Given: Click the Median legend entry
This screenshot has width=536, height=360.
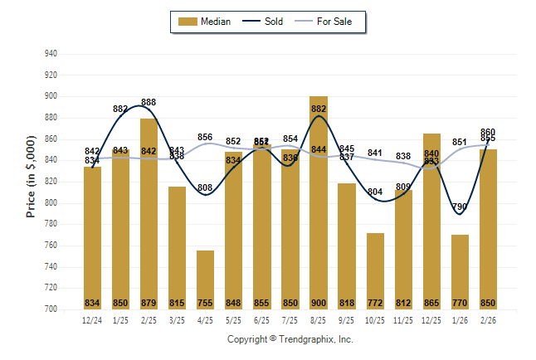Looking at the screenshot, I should pyautogui.click(x=207, y=22).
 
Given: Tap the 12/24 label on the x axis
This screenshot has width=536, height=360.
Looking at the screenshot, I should pyautogui.click(x=93, y=319).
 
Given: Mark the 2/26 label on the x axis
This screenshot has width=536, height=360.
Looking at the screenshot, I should pyautogui.click(x=488, y=319).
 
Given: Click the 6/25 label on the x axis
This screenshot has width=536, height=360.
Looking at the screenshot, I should pyautogui.click(x=262, y=319).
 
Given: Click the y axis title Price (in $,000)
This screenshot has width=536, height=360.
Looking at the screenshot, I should pyautogui.click(x=31, y=182).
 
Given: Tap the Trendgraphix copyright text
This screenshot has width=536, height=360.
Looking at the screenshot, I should pyautogui.click(x=290, y=339).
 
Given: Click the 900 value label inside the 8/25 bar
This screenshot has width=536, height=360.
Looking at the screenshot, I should pyautogui.click(x=319, y=303).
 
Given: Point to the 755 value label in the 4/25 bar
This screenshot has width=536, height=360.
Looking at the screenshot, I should pyautogui.click(x=206, y=303).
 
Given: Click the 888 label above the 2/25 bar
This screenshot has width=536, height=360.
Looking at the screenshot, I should pyautogui.click(x=149, y=102).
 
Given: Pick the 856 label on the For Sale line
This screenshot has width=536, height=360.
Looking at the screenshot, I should pyautogui.click(x=206, y=137).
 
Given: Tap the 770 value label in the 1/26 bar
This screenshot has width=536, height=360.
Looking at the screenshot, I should pyautogui.click(x=460, y=303).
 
